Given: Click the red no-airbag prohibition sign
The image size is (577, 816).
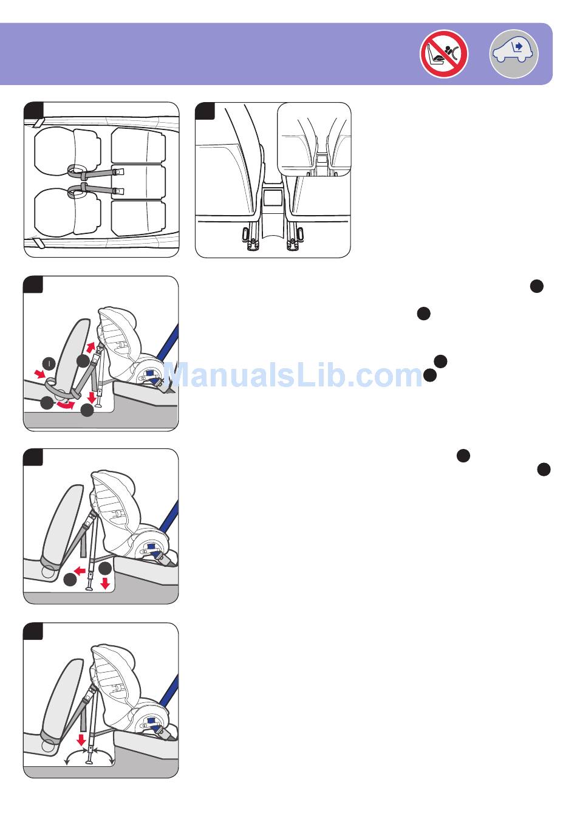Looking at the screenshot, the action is point(444,54).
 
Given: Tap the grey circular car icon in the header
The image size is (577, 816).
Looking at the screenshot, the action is point(514,54).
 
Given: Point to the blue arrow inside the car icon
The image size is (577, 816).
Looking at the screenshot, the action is point(519,46).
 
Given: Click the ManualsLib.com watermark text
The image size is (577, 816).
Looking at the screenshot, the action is point(293,374).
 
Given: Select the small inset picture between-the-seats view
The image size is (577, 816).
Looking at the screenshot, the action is point(314,140).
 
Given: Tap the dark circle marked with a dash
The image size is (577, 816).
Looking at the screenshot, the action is point(49,363).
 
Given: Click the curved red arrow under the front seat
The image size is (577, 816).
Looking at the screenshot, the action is point(66,405).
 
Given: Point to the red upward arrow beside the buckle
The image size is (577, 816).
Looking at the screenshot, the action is point(90,347).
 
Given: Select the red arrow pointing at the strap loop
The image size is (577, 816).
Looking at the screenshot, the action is point(39,374).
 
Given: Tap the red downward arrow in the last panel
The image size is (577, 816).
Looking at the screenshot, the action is point(81,740).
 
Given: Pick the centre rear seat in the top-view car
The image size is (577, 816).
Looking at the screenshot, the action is point(138,182).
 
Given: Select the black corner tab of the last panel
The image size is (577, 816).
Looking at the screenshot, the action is point(33,631).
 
